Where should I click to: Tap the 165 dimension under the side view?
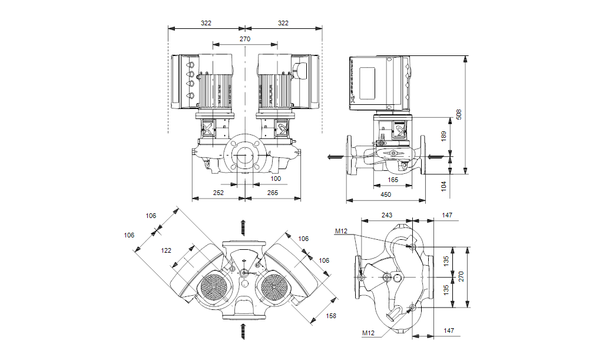[393, 180]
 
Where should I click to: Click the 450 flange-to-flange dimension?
[386, 194]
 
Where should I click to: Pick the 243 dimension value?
[387, 216]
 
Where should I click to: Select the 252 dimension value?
[219, 193]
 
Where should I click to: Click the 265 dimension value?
[272, 193]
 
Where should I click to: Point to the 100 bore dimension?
[276, 179]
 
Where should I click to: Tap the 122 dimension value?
[167, 250]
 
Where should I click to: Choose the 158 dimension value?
[332, 316]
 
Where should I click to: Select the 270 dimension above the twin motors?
[245, 39]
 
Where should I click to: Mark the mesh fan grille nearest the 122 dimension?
[213, 288]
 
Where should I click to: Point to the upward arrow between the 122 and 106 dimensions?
[242, 227]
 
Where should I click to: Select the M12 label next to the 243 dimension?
[342, 231]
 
